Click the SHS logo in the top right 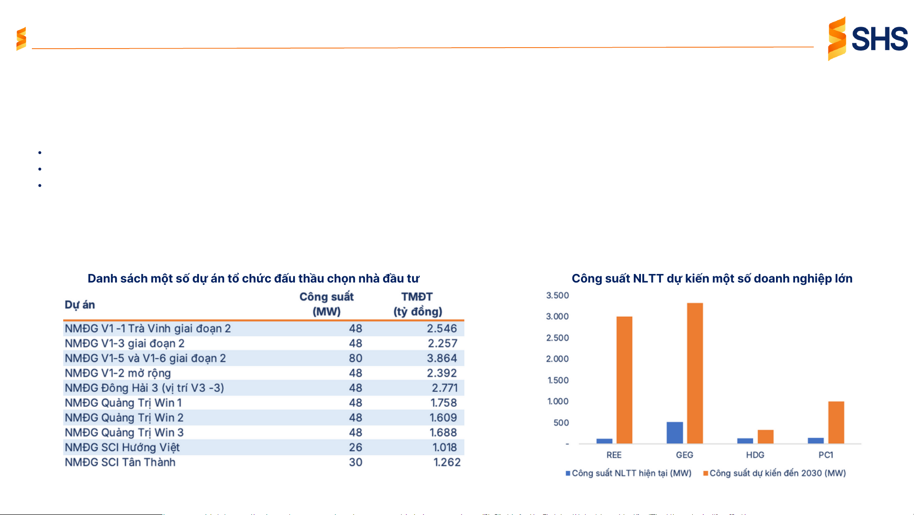coord(867,39)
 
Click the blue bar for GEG coord(674,433)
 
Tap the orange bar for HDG coord(766,436)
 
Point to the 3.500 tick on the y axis coord(557,295)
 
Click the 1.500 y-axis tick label coord(558,380)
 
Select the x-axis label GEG coord(684,455)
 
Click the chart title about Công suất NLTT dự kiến coord(712,278)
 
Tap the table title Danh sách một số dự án coord(253,278)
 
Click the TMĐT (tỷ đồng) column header coord(417,304)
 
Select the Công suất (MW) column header coord(326,304)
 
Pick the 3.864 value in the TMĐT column coord(442,358)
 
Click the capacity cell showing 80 coord(355,358)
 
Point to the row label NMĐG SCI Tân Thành coord(120,462)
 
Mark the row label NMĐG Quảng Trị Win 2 coord(124,418)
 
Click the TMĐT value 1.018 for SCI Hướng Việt coord(444,447)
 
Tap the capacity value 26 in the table coord(355,447)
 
